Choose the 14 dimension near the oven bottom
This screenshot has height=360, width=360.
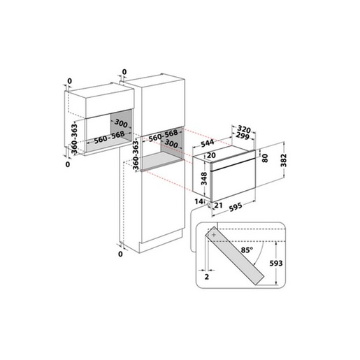coord(198,201)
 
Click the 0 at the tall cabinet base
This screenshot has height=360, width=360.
coord(120,254)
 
